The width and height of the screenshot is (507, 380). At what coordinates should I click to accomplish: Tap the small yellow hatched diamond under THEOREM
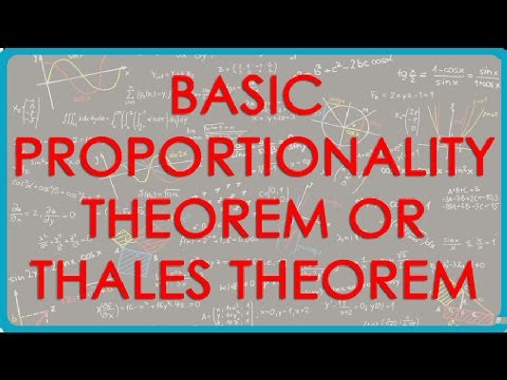point(124,238)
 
